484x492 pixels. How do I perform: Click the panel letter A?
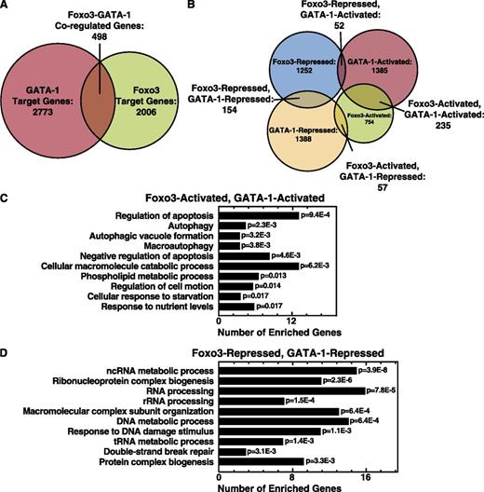(7, 7)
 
